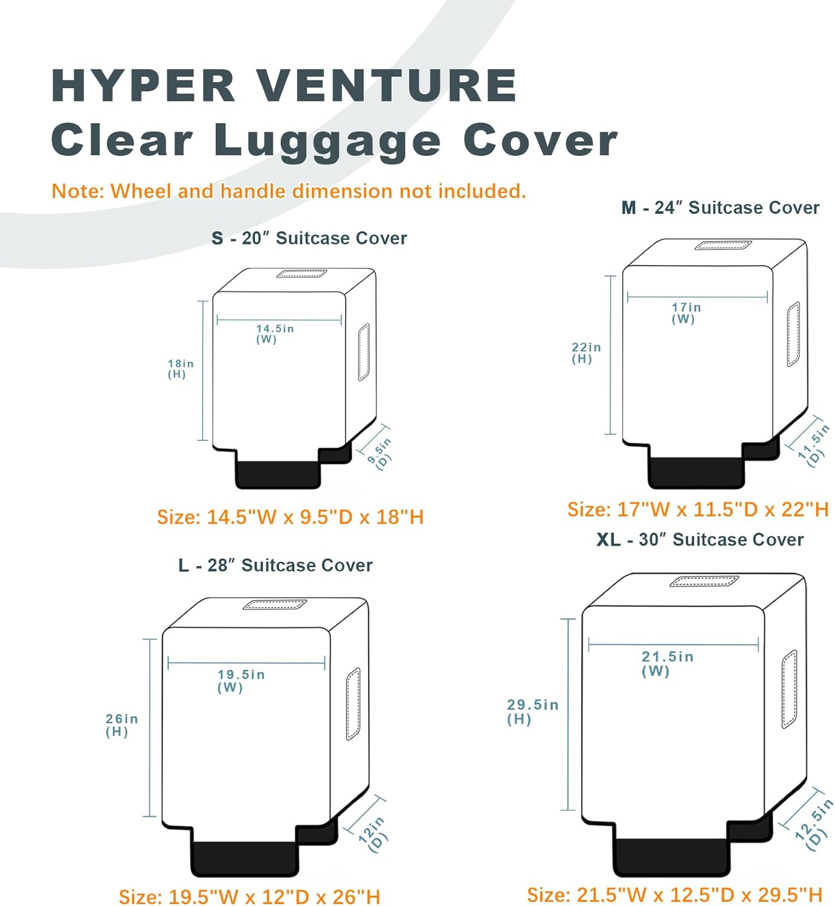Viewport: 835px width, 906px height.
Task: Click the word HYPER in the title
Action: (x=143, y=86)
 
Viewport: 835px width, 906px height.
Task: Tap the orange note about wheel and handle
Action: (x=288, y=191)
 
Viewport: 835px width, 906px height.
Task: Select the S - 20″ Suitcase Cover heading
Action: (x=309, y=239)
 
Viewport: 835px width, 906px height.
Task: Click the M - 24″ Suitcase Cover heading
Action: (x=720, y=208)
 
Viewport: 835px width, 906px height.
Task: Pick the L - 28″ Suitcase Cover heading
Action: (x=275, y=566)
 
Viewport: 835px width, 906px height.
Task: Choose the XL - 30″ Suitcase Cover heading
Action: (x=700, y=540)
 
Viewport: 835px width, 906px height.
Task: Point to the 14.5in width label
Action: (x=274, y=333)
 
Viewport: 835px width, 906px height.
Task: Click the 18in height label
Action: (x=180, y=368)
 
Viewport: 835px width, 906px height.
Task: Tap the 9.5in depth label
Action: (x=380, y=452)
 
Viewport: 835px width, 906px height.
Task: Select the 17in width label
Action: (x=686, y=313)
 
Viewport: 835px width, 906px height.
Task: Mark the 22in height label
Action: (x=585, y=353)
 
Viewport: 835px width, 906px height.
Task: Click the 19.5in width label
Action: (x=240, y=680)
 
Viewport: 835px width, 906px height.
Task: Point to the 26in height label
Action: (x=121, y=725)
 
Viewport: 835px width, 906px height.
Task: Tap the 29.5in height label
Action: (x=532, y=711)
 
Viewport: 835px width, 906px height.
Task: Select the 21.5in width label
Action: (x=666, y=663)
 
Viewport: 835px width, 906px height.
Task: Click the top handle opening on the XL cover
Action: (x=704, y=581)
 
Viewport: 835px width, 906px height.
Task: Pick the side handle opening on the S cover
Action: (x=363, y=352)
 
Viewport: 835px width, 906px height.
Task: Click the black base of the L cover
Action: (x=245, y=858)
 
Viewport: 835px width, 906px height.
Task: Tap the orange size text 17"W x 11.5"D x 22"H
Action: (x=697, y=510)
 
